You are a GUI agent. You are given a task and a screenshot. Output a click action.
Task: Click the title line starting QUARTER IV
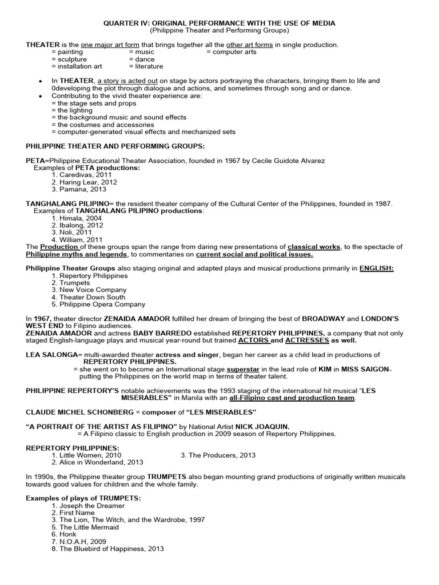pos(219,23)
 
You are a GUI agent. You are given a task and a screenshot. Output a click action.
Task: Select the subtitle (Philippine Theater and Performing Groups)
pos(219,30)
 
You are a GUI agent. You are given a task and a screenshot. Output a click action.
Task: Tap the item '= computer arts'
pos(231,52)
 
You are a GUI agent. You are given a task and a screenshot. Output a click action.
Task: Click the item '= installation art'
pos(77,66)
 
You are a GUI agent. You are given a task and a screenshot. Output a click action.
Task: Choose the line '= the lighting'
pos(71,110)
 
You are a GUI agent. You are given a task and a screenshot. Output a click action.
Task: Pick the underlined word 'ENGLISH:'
pos(377,269)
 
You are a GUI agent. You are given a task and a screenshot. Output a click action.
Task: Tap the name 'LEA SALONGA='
pos(51,355)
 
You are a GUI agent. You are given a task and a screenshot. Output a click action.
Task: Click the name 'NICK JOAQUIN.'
pos(261,427)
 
